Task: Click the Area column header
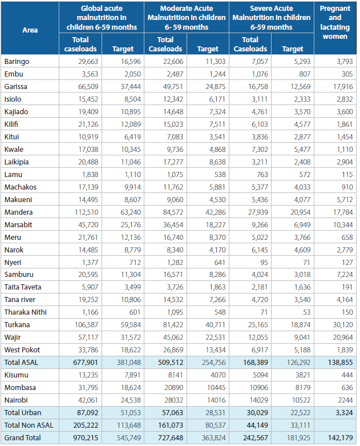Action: coord(30,30)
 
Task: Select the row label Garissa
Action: coord(15,86)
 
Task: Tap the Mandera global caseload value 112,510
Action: coord(86,212)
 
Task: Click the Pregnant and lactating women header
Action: coord(335,22)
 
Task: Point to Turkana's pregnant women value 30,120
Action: coord(343,325)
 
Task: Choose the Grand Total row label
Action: coord(22,438)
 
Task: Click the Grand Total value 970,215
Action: coord(86,438)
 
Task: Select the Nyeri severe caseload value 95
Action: coord(264,262)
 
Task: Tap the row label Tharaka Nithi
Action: coord(25,312)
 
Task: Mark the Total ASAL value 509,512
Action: coord(171,363)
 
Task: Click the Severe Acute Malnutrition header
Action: coord(272,18)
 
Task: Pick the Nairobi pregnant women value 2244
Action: coord(345,400)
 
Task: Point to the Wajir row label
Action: coord(13,337)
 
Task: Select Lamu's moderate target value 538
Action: coord(220,174)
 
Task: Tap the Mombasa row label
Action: coord(20,388)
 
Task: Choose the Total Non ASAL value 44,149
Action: coord(257,425)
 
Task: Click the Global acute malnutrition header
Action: coord(102,18)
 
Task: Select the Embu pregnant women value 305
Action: coord(347,74)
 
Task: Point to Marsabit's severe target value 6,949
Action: coord(302,224)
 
